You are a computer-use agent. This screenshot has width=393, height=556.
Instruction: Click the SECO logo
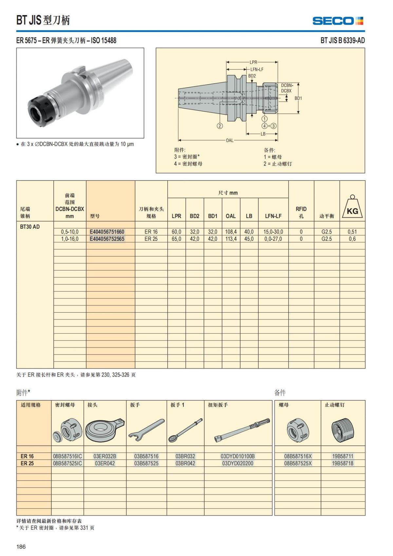click(338, 21)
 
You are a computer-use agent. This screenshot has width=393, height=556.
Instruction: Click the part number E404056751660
click(107, 232)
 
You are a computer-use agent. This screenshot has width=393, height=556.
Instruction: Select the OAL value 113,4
click(231, 239)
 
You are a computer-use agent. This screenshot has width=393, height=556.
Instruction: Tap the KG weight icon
click(352, 208)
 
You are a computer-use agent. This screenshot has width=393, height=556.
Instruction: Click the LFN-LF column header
click(273, 216)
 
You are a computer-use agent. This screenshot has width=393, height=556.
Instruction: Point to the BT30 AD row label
click(30, 227)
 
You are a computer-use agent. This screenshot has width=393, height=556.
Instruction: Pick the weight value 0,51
click(352, 232)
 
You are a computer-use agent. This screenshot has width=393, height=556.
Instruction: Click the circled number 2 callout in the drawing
click(220, 126)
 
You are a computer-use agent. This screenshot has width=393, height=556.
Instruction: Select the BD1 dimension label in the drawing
click(298, 98)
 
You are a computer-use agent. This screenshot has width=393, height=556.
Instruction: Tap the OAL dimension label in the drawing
click(230, 140)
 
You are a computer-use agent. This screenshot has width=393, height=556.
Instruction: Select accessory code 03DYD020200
click(237, 463)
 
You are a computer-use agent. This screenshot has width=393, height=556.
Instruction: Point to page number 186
click(21, 546)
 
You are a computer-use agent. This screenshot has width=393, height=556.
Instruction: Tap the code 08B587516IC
click(67, 456)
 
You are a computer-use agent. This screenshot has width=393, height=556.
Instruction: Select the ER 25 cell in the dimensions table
click(151, 239)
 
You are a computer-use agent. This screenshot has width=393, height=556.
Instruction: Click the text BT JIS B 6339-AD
click(343, 41)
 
